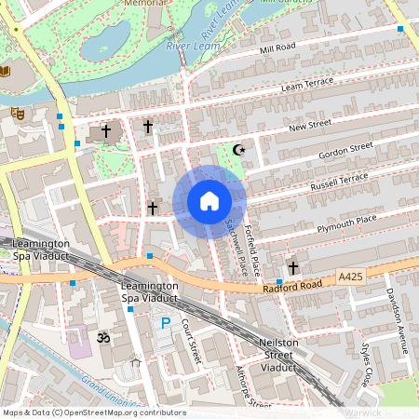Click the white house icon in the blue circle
209,201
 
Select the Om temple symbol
103,337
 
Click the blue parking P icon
166,323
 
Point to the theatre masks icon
16,113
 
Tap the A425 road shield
351,277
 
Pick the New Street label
310,126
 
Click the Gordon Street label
345,149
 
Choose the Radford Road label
298,286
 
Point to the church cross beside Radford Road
293,267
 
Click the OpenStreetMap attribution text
93,412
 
